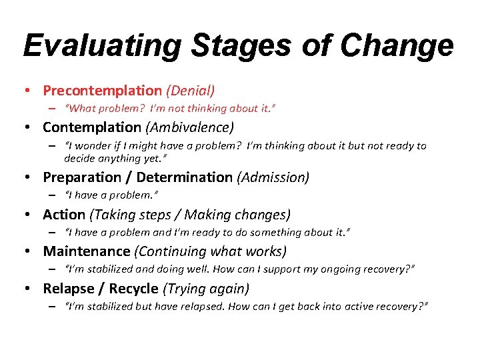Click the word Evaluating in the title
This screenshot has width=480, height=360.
[102, 46]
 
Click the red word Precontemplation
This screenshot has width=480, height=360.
[102, 89]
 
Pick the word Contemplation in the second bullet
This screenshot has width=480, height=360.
[92, 127]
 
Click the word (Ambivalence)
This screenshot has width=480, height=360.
[189, 127]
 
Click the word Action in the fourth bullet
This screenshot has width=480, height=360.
[64, 215]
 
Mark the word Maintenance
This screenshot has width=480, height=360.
[87, 251]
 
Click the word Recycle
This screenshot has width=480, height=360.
[134, 289]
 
